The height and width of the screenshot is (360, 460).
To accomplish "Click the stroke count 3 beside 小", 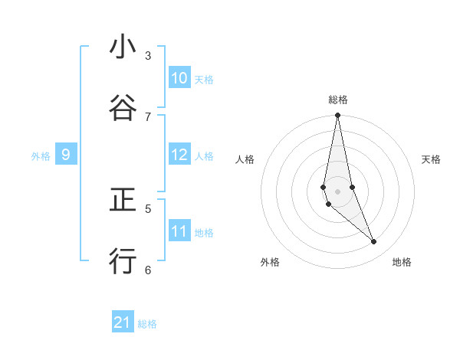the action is coord(148,55).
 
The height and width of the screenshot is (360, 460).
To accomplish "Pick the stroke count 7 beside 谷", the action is coord(148,116).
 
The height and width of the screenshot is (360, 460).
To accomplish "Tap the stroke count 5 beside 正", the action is coord(148,208).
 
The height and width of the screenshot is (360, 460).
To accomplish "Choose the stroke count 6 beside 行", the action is coord(148,270).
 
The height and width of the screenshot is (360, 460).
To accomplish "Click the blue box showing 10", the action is coord(179,78).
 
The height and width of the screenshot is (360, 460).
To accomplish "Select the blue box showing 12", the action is coord(179,155).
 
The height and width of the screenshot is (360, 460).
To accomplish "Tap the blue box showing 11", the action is coord(179,231).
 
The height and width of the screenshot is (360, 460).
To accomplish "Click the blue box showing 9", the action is coord(66,155).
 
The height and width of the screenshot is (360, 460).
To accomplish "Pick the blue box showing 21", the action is coord(123,322).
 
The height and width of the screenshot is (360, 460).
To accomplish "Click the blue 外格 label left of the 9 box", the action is coord(41,156).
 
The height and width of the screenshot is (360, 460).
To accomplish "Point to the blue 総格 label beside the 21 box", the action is coord(147,324).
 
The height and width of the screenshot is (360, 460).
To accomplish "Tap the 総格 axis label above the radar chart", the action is coord(337,100).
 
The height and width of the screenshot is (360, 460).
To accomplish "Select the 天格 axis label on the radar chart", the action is coord(432,159).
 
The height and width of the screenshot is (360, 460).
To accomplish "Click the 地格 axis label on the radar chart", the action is coord(402,262).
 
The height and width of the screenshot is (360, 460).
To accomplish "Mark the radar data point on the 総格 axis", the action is coord(337,116).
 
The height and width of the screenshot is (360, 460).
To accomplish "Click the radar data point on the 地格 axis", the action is coord(374,242).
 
